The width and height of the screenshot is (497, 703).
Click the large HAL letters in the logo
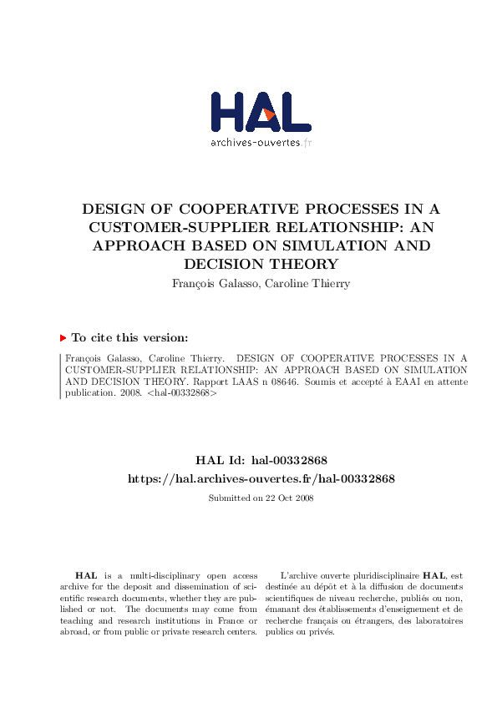pyautogui.click(x=261, y=112)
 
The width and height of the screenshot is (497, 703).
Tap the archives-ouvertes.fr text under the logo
pyautogui.click(x=261, y=143)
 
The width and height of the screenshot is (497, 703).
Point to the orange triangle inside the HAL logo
pyautogui.click(x=269, y=115)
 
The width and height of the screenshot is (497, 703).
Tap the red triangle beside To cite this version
pyautogui.click(x=63, y=338)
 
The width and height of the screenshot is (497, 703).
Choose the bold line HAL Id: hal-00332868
pyautogui.click(x=261, y=461)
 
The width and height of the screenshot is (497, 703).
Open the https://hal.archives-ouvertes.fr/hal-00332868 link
pyautogui.click(x=261, y=479)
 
